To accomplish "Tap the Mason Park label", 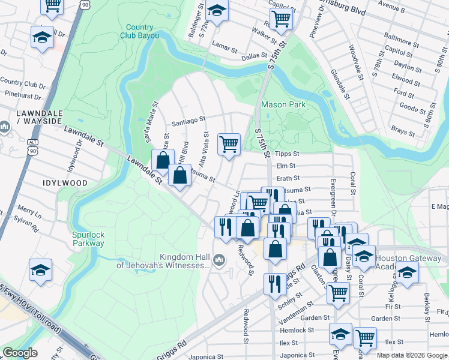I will (283, 104).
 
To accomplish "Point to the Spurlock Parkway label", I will (88, 239).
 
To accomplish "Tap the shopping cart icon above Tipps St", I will (229, 144).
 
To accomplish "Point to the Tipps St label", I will (287, 154).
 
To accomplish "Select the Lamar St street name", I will (225, 45).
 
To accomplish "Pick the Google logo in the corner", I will (20, 353).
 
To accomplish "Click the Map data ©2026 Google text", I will (412, 355).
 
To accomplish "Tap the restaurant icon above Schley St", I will (275, 283).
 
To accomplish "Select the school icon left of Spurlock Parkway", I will (40, 270).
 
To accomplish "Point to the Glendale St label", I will (339, 83).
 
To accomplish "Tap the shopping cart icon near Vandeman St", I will (339, 293).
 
